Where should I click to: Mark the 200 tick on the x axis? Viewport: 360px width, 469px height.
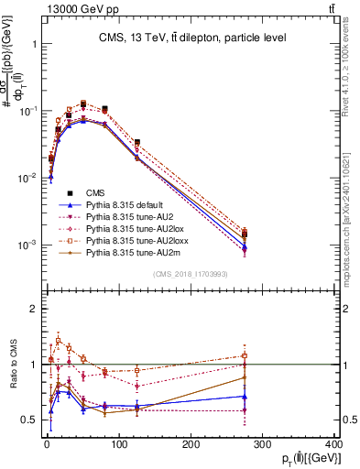point(190,443)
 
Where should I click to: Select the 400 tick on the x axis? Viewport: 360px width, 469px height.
point(333,443)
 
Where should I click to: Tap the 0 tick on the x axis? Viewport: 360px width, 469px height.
point(46,443)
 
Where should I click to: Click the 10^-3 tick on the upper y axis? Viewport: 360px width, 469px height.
point(27,245)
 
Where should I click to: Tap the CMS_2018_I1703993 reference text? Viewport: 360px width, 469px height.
point(191,273)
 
